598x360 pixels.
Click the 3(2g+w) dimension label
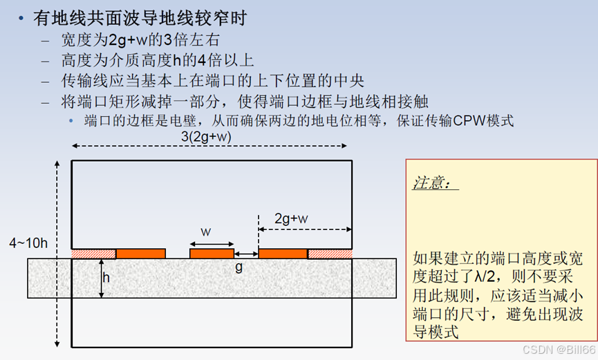click(x=206, y=137)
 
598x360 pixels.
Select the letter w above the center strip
click(x=206, y=229)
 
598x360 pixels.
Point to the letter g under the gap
click(x=239, y=267)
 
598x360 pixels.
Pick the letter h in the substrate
click(x=106, y=278)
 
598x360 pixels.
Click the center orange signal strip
click(x=212, y=254)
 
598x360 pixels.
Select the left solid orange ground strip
click(x=140, y=254)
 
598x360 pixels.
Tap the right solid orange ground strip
click(x=282, y=254)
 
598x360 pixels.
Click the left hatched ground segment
click(x=93, y=254)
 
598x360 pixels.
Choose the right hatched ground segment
click(x=330, y=254)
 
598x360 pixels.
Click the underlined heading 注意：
click(x=434, y=184)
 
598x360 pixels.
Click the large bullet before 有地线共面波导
click(x=21, y=19)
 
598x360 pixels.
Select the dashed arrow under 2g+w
click(x=304, y=229)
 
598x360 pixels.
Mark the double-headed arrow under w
click(x=212, y=243)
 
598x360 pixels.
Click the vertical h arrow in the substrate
click(x=100, y=278)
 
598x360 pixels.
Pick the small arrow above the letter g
click(x=246, y=254)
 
